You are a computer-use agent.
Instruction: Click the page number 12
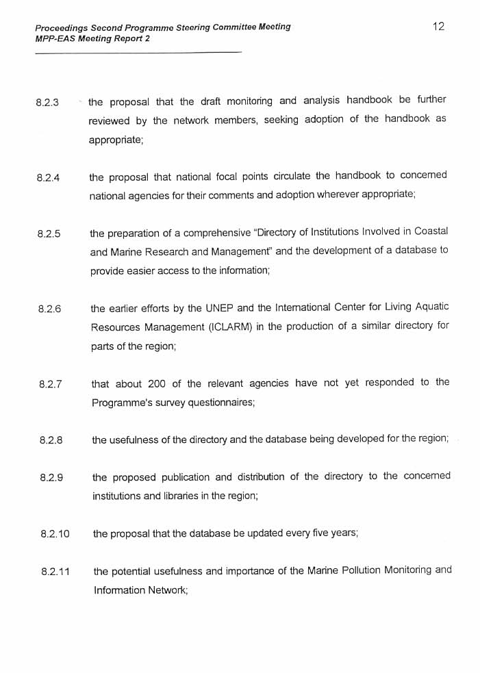tap(439, 27)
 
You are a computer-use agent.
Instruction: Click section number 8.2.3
tap(47, 103)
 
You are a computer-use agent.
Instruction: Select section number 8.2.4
tap(48, 178)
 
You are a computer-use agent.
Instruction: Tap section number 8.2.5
tap(49, 234)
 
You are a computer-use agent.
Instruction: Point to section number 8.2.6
tap(50, 309)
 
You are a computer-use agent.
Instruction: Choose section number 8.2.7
tap(51, 385)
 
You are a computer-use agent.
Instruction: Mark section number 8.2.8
tap(51, 440)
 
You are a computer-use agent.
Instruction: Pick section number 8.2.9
tap(52, 478)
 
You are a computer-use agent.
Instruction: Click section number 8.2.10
tap(55, 533)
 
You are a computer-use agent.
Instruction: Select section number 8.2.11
tap(55, 571)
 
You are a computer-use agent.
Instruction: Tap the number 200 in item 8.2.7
tap(157, 383)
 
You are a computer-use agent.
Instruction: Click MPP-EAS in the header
tap(54, 38)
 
